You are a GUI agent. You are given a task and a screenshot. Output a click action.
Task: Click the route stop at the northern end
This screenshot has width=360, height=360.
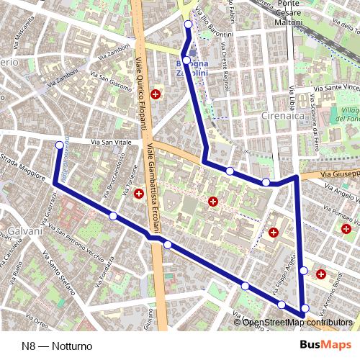[x=189, y=24]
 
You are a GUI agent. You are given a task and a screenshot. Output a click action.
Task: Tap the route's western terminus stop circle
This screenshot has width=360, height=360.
[x=59, y=145]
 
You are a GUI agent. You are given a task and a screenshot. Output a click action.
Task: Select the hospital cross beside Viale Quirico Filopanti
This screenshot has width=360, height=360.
[x=156, y=94]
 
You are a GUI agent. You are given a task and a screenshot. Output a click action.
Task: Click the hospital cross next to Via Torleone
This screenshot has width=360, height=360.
[x=138, y=193]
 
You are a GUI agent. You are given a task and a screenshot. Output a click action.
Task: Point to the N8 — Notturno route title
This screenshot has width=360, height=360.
[x=57, y=346]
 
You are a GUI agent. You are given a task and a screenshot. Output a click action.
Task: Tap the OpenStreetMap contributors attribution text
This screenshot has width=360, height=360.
[x=298, y=322]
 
